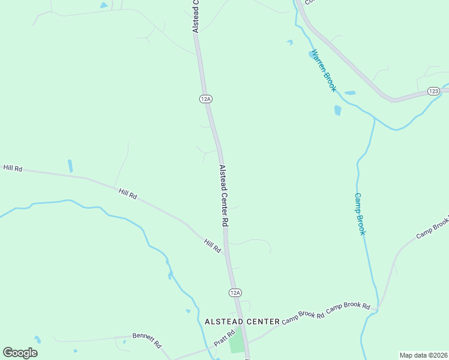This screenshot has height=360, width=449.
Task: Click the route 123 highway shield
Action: (x=434, y=91)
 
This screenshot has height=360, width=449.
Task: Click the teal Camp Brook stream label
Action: (x=360, y=214)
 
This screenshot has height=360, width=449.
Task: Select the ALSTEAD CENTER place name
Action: (x=242, y=322)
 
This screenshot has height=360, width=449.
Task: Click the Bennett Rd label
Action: (x=148, y=341)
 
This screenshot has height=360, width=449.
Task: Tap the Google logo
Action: (x=20, y=352)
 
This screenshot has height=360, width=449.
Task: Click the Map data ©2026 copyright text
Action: (x=423, y=355)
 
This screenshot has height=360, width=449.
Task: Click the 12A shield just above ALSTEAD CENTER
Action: (x=235, y=292)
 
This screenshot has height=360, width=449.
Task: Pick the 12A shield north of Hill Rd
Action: (x=205, y=98)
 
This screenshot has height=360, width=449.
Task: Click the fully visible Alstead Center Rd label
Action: (x=224, y=196)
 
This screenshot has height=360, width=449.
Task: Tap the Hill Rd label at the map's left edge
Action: (x=12, y=169)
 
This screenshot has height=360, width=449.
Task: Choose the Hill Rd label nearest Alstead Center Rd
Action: (x=212, y=245)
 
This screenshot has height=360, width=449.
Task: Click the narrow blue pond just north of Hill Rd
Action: (x=70, y=166)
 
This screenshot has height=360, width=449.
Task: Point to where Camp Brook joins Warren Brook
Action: (x=373, y=118)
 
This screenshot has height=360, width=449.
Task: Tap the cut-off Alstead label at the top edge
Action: (x=194, y=15)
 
